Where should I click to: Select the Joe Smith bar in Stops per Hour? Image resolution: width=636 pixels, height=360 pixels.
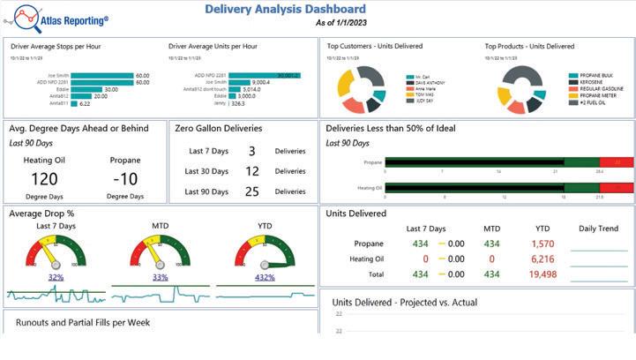102,76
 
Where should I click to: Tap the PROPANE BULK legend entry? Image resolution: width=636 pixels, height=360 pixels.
599,76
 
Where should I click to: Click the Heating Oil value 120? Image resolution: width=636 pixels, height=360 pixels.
44,179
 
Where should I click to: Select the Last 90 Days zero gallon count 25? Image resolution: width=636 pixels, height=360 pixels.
251,191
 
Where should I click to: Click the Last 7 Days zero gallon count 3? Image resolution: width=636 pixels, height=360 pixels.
251,152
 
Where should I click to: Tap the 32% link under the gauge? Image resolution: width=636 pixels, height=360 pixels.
56,277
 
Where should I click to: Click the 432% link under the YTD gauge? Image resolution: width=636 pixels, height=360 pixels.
265,277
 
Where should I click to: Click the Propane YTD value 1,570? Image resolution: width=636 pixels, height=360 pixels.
543,244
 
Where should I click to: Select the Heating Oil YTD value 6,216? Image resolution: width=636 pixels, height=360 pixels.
543,259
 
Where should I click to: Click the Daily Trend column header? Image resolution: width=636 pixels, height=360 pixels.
598,229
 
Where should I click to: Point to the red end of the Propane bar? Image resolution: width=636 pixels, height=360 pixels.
616,162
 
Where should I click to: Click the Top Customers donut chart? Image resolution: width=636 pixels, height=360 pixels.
363,88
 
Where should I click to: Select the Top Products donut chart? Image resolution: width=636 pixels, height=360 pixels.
522,88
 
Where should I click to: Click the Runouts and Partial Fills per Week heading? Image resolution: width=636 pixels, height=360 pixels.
83,323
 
